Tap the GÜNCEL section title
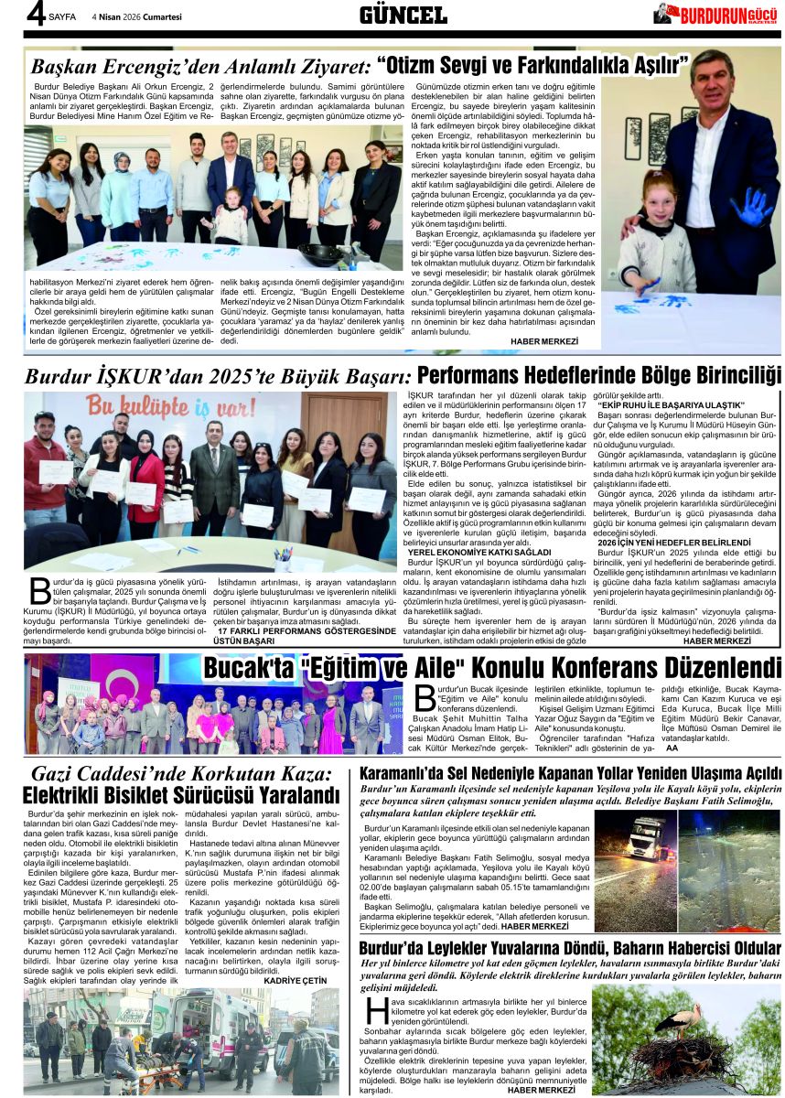pyautogui.click(x=403, y=15)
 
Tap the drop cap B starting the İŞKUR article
pyautogui.click(x=38, y=591)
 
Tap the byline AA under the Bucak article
pyautogui.click(x=672, y=748)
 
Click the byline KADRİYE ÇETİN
pyautogui.click(x=294, y=980)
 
